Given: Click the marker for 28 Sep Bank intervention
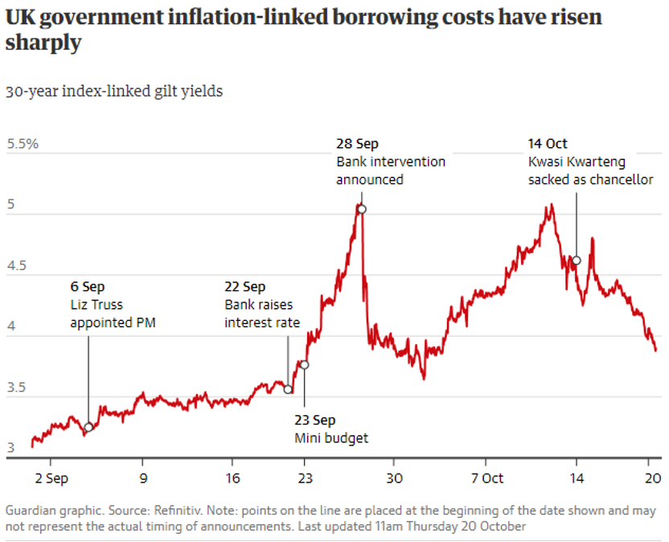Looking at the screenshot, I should [x=361, y=209].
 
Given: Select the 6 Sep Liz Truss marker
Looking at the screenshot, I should [x=88, y=427].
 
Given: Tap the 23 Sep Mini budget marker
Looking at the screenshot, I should [x=304, y=365].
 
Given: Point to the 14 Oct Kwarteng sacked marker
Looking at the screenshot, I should [x=576, y=261].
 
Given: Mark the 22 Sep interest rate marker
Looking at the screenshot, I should [x=288, y=389].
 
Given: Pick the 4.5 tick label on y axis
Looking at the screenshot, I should [x=17, y=266].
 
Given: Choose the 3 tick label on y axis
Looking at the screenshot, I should [x=11, y=448].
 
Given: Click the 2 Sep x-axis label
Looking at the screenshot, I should [x=51, y=478].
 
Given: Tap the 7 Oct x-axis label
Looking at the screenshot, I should [x=487, y=478].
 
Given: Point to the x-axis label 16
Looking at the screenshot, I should [x=231, y=478].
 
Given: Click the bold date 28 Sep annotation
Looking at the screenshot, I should [x=357, y=144].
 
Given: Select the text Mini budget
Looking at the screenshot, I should [x=331, y=437].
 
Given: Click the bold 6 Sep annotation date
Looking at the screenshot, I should [x=87, y=287].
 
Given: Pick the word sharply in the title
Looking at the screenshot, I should [x=43, y=43].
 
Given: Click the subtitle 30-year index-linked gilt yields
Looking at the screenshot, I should [x=114, y=92].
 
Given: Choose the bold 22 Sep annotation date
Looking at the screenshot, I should [x=244, y=287].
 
